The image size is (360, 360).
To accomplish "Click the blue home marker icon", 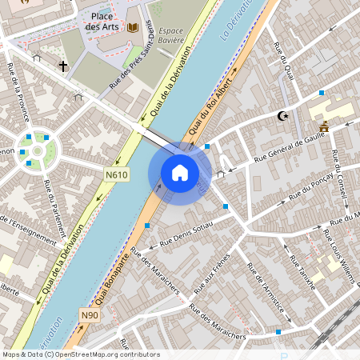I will (180, 173).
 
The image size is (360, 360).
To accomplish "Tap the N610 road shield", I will (116, 174).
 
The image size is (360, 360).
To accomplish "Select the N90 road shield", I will (90, 315).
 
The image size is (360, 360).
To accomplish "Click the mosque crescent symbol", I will (282, 116).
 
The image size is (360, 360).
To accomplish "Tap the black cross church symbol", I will (62, 66).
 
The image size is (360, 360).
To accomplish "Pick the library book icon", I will (132, 27).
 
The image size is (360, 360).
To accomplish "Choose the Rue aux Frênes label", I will (216, 271).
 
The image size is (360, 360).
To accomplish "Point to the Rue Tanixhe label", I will (303, 272).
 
